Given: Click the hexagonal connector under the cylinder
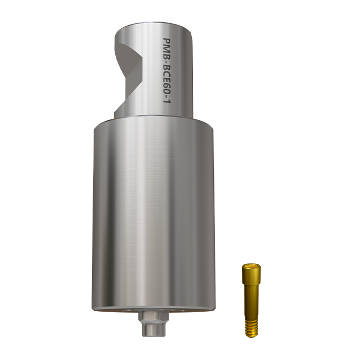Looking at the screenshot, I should (153, 319).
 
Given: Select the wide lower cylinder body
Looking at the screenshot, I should (153, 216).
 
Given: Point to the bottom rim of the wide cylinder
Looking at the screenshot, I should (153, 309).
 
